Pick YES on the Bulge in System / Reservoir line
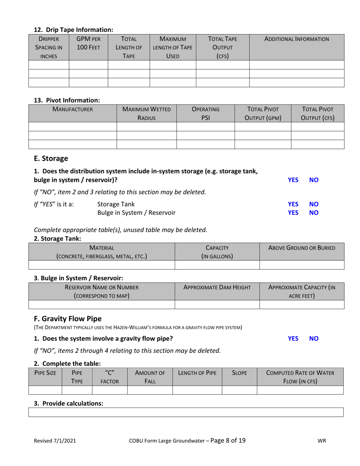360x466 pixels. (293, 213)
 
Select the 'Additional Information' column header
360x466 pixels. (296, 39)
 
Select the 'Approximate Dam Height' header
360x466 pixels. (217, 288)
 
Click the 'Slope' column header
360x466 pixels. (239, 373)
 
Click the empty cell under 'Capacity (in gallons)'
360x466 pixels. (217, 264)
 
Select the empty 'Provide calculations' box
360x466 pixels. (186, 412)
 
